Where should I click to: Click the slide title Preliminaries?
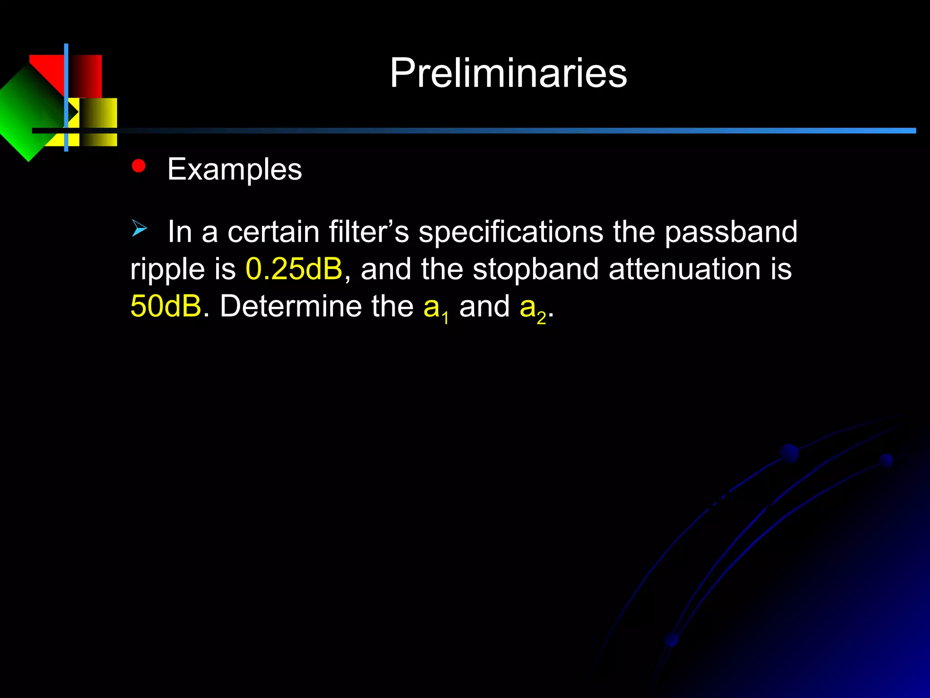(508, 73)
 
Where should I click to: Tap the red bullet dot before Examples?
(139, 166)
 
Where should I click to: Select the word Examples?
(234, 170)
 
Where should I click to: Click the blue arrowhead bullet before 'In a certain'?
(139, 228)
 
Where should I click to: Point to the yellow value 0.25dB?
(294, 269)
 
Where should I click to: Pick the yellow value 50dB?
(166, 306)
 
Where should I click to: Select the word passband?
(731, 232)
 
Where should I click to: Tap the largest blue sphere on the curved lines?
(789, 454)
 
